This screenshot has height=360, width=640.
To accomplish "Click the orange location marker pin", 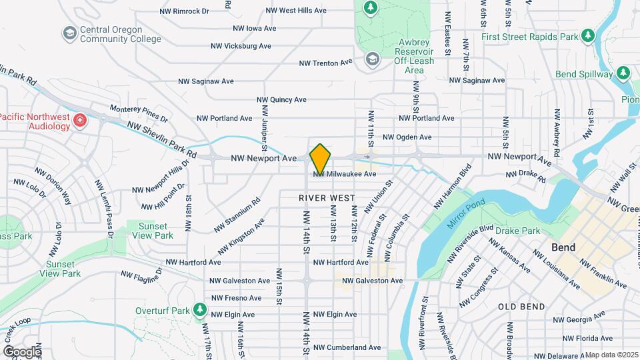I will (x=320, y=159).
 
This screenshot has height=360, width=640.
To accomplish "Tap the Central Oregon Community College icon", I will (x=69, y=33).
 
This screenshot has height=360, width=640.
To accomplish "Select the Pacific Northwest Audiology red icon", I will (x=81, y=121).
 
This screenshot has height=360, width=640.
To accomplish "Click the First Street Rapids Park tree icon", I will (x=587, y=35).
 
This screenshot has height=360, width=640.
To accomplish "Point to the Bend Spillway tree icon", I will (x=623, y=72).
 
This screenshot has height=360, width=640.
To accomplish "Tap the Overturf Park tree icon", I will (x=199, y=310).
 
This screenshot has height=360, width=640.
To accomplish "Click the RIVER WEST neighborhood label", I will (x=327, y=198).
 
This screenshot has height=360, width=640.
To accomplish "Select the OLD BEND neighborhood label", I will (x=522, y=307).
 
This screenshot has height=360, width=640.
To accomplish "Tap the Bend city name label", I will (x=563, y=247).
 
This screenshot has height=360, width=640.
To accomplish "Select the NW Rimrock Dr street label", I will (x=185, y=11).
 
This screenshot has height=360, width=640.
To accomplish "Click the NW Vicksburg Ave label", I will (x=243, y=46).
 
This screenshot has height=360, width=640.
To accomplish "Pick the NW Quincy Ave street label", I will (x=281, y=99).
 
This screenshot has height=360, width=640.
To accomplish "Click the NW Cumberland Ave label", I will (x=347, y=347).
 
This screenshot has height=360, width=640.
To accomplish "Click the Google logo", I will (x=21, y=351).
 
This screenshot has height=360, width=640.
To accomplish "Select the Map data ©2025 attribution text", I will (x=611, y=355).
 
